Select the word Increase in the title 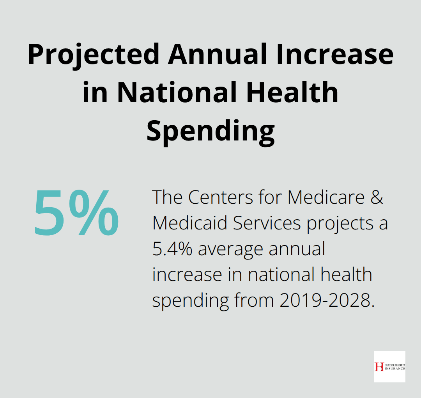(336, 55)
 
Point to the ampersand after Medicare (376, 198)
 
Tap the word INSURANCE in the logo (394, 369)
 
